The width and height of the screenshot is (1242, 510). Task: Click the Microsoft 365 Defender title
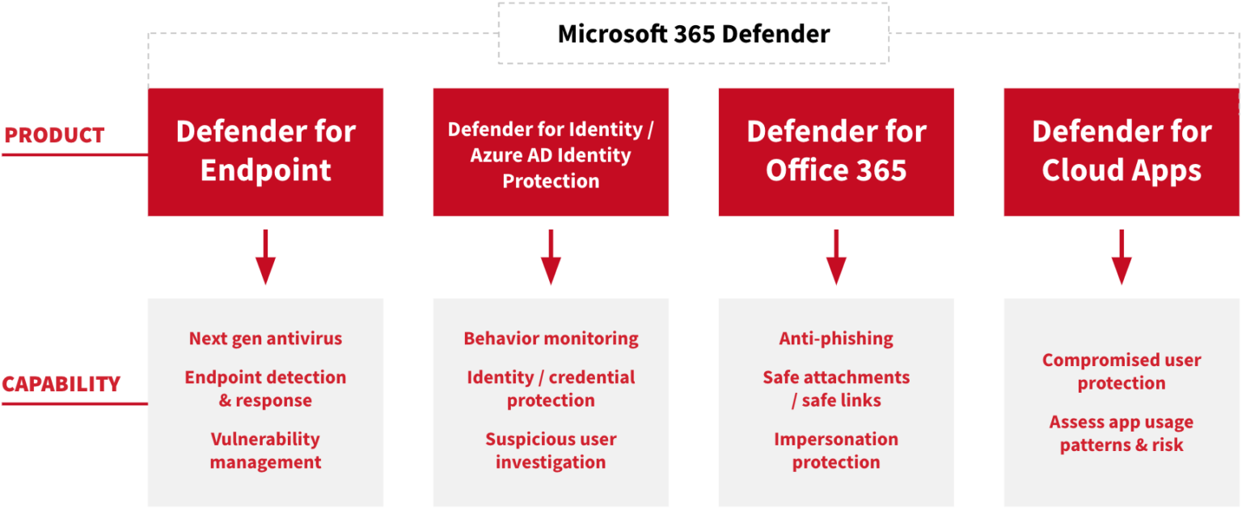[x=694, y=34]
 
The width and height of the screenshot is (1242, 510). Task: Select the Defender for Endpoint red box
[x=265, y=151]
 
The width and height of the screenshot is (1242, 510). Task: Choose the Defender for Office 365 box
[x=836, y=151]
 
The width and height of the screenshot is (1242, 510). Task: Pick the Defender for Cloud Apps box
[x=1122, y=151]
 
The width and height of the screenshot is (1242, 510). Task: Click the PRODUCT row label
[x=54, y=135]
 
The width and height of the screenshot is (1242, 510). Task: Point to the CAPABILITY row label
[x=61, y=384]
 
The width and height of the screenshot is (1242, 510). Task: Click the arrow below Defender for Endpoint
[x=265, y=257]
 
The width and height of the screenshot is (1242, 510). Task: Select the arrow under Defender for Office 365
[x=836, y=257]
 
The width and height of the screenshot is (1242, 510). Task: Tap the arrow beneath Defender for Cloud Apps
[x=1122, y=257]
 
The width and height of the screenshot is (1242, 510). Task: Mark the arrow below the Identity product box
[x=551, y=257]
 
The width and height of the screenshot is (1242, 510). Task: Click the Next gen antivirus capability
[x=265, y=339]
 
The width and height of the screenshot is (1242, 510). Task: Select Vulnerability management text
[x=265, y=451]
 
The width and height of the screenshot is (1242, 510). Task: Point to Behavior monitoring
[x=551, y=339]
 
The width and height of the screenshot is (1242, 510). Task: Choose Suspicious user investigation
[x=551, y=451]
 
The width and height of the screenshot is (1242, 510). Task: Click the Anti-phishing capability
[x=836, y=339]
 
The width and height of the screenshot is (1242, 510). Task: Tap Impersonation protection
[x=836, y=451]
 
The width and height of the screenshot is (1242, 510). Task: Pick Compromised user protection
[x=1122, y=372]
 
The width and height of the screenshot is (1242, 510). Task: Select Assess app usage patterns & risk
[x=1122, y=433]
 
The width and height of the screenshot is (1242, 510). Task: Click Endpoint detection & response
[x=265, y=389]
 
